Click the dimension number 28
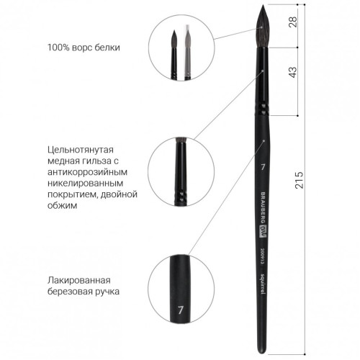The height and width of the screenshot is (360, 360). point(293,22)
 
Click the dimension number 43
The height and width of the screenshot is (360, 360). point(293,72)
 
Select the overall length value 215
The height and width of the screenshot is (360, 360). point(299,180)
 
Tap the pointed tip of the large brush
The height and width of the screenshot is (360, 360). point(264,5)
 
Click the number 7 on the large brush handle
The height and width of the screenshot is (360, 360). point(263,167)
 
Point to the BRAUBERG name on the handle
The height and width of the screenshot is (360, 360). point(263,207)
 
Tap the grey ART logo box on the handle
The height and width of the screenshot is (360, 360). point(263,232)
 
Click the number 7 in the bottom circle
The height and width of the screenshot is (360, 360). point(181,310)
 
